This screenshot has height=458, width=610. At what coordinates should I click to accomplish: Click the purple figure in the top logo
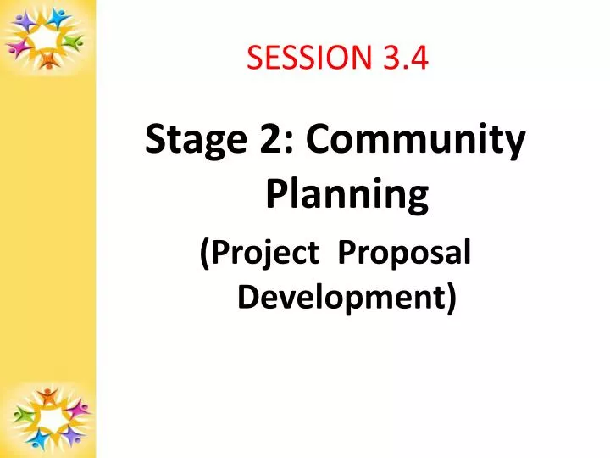(x=24, y=21)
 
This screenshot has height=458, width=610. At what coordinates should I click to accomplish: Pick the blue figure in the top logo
(x=58, y=18)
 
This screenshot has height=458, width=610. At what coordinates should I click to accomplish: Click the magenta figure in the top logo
(x=19, y=47)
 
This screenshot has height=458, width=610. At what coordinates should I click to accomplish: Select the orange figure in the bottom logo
(x=47, y=396)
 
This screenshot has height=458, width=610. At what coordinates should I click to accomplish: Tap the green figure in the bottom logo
(x=23, y=415)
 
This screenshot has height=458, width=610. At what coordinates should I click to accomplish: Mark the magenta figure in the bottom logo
(x=78, y=410)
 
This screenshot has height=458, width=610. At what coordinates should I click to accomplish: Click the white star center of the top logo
(x=44, y=37)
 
